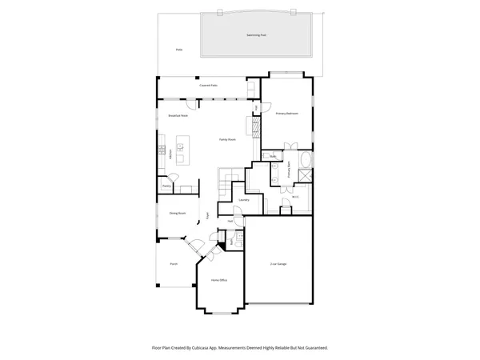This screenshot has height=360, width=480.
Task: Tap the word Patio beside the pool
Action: click(x=178, y=50)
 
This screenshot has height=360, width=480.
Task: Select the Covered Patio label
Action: click(x=208, y=86)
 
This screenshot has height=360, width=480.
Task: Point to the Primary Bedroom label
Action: click(x=287, y=114)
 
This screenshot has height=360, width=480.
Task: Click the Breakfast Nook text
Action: click(x=178, y=116)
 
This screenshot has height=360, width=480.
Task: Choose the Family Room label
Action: click(x=228, y=139)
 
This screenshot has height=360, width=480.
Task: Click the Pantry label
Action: click(x=166, y=186)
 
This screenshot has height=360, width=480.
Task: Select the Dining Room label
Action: click(x=177, y=213)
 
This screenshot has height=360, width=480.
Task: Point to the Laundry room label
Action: click(x=244, y=200)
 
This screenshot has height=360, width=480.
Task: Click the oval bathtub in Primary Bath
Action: click(x=305, y=171)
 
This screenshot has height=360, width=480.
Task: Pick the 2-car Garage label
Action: click(x=278, y=263)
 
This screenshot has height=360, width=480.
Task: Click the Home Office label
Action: click(x=219, y=281)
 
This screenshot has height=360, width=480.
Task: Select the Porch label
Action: click(x=173, y=263)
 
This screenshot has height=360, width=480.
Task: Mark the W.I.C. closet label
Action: click(x=295, y=196)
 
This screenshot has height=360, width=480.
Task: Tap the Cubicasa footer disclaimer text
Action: click(x=239, y=348)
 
